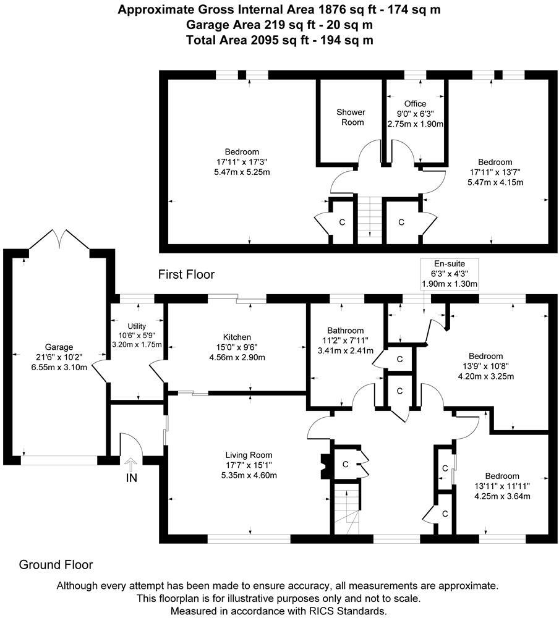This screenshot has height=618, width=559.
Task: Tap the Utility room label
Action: click(136, 326)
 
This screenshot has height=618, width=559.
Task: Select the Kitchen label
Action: click(237, 337)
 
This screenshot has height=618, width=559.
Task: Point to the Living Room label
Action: click(250, 455)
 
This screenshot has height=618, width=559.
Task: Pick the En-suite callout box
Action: click(449, 273)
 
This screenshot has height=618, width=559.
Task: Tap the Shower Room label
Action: click(351, 117)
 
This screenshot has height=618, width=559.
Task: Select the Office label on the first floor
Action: click(415, 103)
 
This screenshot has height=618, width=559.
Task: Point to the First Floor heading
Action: click(186, 274)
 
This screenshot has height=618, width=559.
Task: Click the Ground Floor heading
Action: click(56, 564)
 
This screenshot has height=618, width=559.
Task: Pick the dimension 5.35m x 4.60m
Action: click(250, 475)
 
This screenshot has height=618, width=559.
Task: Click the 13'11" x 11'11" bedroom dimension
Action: click(501, 486)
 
